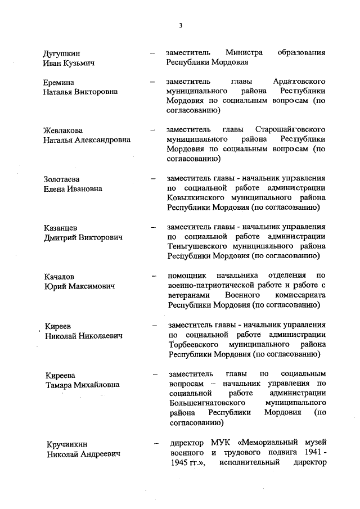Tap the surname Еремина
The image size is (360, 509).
tap(58, 83)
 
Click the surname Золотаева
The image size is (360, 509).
tap(61, 179)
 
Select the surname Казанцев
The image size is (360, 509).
tap(60, 228)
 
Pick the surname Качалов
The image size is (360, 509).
tap(59, 277)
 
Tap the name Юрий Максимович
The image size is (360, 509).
tap(79, 286)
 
